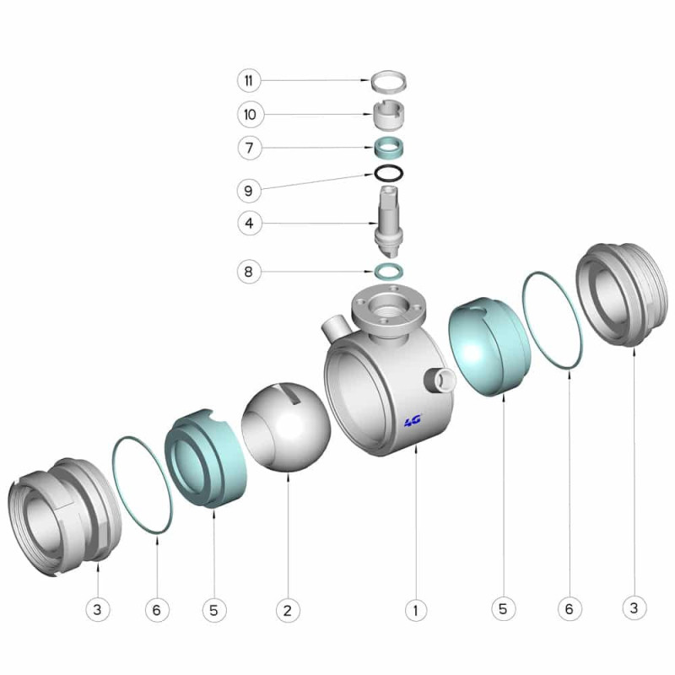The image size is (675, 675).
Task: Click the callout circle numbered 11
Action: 249,80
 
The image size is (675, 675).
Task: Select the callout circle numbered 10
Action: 250,115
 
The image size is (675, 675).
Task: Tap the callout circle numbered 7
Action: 250,148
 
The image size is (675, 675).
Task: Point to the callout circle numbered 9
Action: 249,191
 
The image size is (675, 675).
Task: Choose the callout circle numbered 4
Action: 249,224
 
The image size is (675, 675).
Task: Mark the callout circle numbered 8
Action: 249,272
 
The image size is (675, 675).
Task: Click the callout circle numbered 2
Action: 288,609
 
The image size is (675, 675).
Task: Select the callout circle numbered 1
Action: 415,609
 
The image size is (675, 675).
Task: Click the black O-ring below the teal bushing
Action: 389,174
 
